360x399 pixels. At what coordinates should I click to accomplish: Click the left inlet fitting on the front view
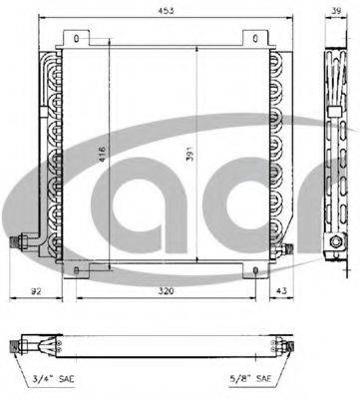click(x=19, y=241)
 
